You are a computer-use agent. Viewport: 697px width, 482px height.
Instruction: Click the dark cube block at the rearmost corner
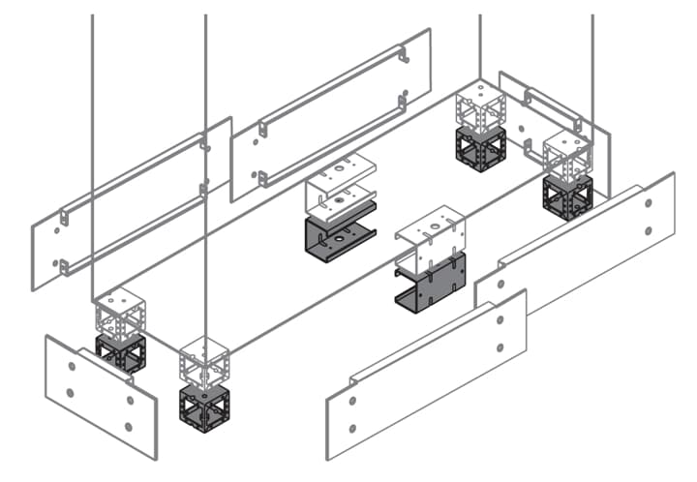pos(480,148)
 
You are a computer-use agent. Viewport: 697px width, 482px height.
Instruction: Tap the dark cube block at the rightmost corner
pos(567,196)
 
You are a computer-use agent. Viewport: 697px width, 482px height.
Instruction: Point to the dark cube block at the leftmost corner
pos(120,353)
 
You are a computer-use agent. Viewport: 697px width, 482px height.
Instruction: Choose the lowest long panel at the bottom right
pos(426,373)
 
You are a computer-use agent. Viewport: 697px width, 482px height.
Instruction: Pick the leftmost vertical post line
pos(91,155)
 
